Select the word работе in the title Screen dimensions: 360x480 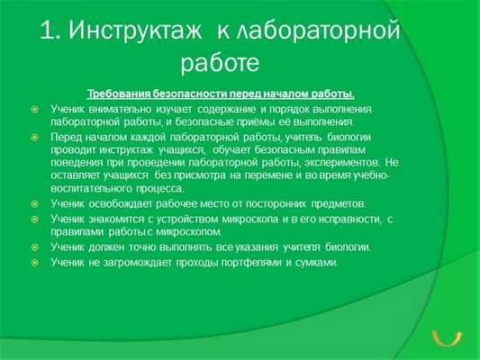221,65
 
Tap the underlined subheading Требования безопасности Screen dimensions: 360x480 221,94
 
